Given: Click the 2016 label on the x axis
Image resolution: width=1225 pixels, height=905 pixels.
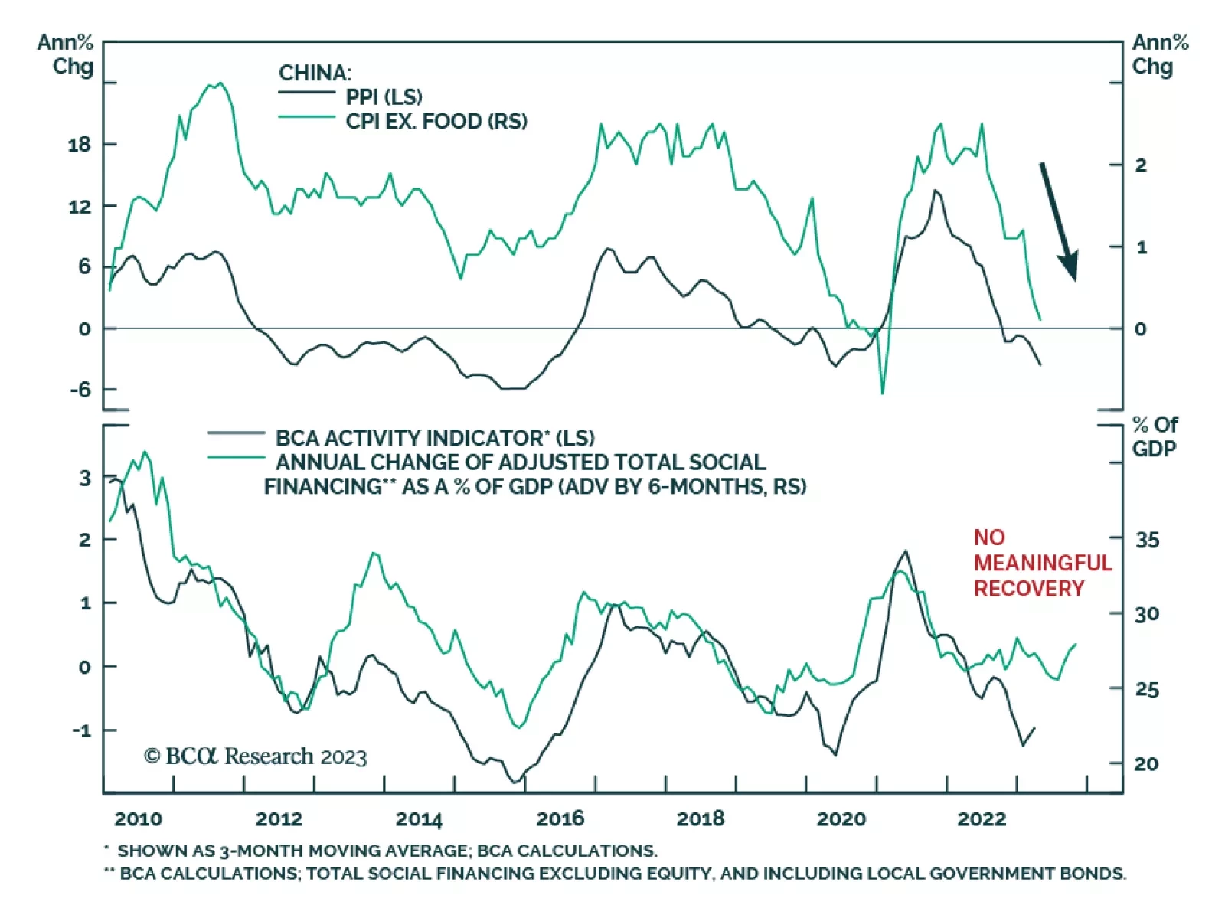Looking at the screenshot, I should click(x=560, y=818).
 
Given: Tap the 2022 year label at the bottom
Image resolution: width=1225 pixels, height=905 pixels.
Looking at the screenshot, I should click(x=981, y=818).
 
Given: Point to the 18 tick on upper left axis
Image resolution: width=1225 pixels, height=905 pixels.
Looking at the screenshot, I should click(x=79, y=144).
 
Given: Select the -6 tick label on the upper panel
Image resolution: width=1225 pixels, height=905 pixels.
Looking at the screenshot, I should click(x=79, y=390).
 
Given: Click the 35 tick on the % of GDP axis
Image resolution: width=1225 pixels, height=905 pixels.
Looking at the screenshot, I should click(x=1146, y=540).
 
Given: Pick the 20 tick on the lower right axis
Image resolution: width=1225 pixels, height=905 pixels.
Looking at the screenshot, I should click(x=1146, y=763).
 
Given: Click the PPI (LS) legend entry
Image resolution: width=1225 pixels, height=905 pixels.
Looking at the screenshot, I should click(x=384, y=97).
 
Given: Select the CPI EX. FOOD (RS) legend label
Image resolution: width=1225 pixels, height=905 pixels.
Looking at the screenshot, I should click(x=436, y=121).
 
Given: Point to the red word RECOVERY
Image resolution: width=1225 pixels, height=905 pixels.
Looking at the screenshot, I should click(x=1028, y=588).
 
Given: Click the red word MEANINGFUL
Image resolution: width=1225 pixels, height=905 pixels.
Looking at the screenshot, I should click(x=1042, y=563).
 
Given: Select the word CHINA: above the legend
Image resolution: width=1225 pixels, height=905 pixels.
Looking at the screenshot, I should click(x=315, y=73).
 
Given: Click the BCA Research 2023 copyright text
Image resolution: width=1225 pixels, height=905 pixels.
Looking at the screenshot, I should click(x=256, y=756).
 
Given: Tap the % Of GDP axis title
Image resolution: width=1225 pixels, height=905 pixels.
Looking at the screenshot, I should click(x=1155, y=436).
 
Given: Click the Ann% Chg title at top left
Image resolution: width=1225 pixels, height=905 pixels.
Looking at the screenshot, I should click(x=66, y=54).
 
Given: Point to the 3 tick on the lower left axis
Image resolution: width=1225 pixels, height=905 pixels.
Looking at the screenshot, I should click(x=84, y=479).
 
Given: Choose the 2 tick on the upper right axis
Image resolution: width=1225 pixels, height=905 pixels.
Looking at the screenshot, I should click(x=1141, y=165).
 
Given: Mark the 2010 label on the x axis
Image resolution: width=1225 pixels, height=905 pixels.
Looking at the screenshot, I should click(x=138, y=818).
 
